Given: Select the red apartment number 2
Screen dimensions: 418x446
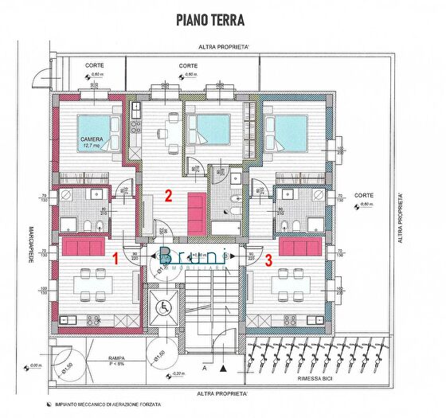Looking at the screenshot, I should (168, 194).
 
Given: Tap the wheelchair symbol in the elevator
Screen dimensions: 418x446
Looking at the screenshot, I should (166, 305).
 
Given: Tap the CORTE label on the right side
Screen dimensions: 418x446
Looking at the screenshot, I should (365, 194).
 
